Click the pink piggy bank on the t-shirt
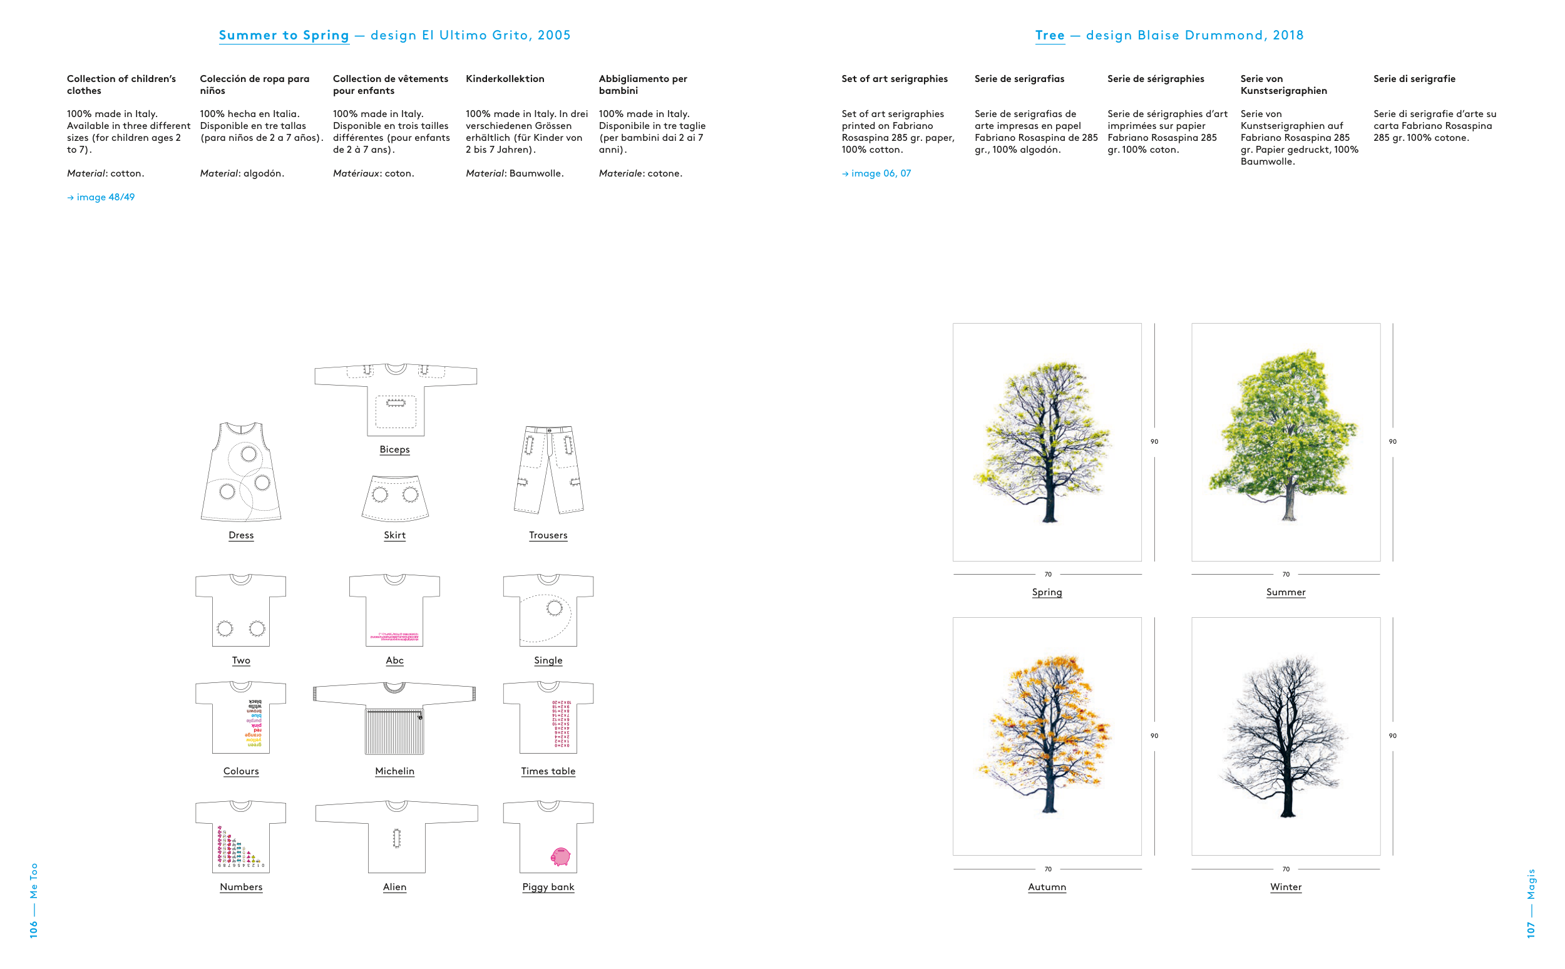pos(560,856)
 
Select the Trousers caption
pos(548,535)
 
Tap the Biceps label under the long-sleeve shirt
pos(394,449)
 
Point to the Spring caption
pos(1047,592)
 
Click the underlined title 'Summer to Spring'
pos(284,35)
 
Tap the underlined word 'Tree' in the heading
pos(1050,35)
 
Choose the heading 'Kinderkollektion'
pos(505,79)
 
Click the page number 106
pos(34,929)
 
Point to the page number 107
pos(1531,930)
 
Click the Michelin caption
pos(394,771)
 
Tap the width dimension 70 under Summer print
pos(1286,574)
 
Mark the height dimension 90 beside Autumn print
pos(1154,736)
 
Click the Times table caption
pos(548,771)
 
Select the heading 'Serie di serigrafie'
pos(1414,79)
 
